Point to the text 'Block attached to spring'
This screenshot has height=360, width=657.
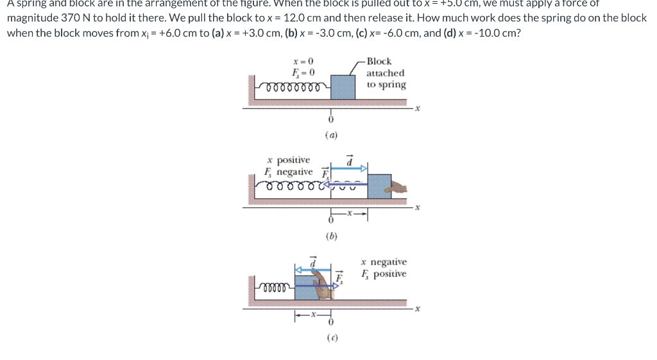point(386,73)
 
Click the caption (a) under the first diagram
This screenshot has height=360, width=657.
point(332,135)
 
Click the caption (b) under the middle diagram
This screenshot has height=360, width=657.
point(332,236)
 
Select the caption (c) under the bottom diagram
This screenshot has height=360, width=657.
point(332,337)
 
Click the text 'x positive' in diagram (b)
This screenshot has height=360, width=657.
point(289,160)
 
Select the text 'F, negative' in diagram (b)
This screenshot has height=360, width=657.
point(289,172)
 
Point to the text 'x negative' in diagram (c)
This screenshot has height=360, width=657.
point(384,262)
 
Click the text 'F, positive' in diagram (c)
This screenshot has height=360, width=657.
point(384,274)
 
